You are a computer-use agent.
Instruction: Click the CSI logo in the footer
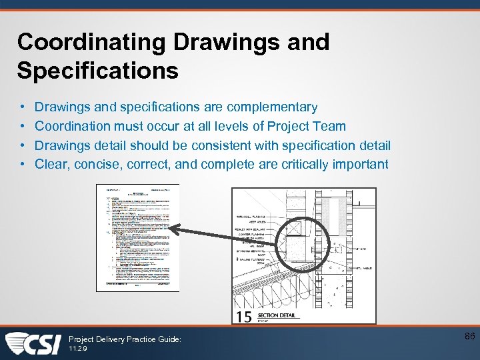coord(33,343)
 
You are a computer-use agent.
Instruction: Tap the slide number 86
coord(469,337)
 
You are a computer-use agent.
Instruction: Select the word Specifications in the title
coord(98,70)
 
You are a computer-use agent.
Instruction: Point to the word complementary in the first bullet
coord(272,107)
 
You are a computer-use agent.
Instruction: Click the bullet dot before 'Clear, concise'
coord(22,164)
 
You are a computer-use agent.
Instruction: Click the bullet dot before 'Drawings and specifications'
coord(22,107)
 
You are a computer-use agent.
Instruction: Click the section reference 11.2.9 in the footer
coord(78,349)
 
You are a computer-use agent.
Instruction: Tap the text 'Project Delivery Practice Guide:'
coord(125,339)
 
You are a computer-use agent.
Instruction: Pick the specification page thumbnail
coord(138,237)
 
